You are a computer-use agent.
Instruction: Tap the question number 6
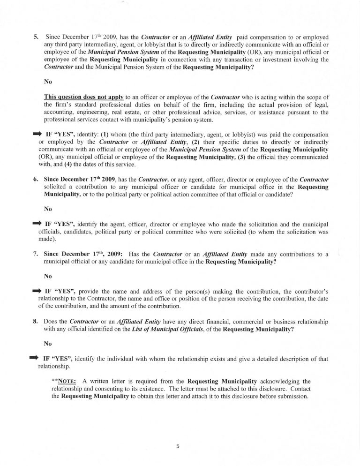point(36,179)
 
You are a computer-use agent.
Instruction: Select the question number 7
point(36,254)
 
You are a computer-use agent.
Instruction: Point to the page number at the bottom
point(178,446)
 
